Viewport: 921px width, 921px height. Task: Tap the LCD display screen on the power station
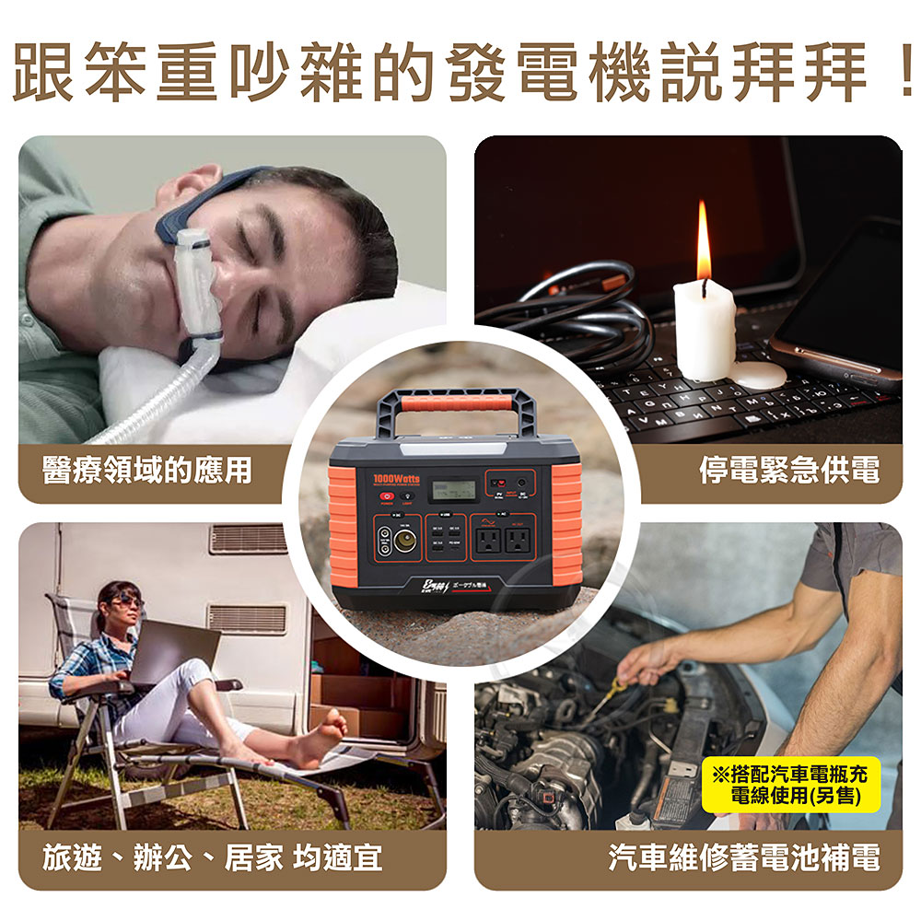[x=456, y=489]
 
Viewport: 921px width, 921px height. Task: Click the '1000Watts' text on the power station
[x=397, y=479]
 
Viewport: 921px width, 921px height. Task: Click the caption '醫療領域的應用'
[x=147, y=471]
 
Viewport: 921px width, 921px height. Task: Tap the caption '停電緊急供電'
[x=788, y=471]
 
